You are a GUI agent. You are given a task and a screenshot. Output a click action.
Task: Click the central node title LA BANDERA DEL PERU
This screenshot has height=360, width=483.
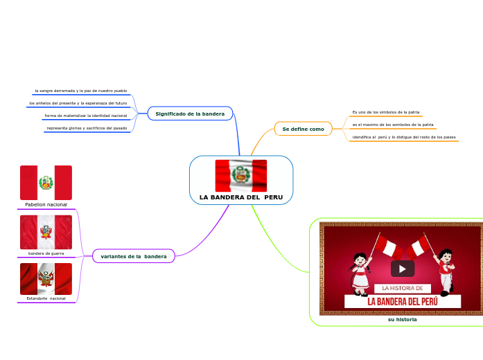240,197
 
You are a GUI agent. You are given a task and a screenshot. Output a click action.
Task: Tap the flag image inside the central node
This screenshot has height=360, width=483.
240,175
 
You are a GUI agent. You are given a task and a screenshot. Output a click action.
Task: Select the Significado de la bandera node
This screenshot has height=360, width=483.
190,114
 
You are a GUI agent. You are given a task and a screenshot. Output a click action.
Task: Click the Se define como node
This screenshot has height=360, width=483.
304,129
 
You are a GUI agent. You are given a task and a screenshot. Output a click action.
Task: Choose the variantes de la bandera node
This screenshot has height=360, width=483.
134,257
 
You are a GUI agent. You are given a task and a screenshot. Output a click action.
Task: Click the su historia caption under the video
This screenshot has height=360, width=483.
402,319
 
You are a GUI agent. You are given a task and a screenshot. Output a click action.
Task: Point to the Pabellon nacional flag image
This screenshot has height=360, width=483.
46,183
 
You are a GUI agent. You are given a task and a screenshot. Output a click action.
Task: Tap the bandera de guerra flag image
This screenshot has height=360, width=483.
46,232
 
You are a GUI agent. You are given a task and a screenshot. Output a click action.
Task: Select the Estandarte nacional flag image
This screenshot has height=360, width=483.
46,279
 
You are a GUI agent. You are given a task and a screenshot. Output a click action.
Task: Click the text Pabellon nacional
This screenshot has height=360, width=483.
46,205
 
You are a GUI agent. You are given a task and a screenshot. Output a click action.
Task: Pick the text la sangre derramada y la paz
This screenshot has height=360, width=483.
81,91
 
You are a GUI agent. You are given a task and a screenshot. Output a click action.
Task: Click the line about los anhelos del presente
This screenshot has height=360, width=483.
78,103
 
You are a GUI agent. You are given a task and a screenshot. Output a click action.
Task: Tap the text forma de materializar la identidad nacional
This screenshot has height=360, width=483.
86,116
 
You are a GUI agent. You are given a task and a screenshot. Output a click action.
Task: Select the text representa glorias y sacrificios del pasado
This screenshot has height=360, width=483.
87,128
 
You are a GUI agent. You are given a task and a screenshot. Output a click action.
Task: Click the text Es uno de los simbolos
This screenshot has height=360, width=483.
386,112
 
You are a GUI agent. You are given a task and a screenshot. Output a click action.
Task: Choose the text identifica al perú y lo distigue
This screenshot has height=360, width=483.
404,137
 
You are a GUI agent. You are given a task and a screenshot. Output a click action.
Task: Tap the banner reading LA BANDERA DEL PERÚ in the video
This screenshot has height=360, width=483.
402,301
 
